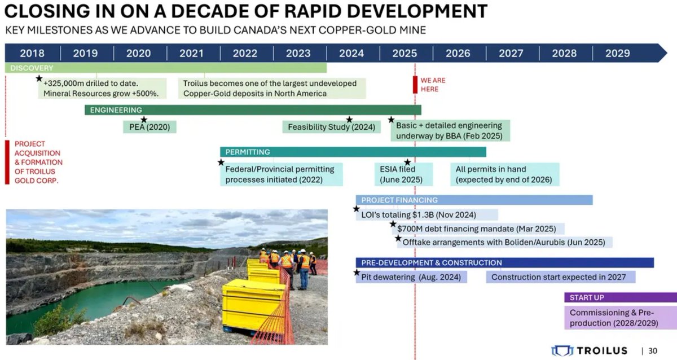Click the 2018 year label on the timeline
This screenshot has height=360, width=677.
pyautogui.click(x=32, y=53)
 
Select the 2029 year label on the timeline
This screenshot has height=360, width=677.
pyautogui.click(x=617, y=53)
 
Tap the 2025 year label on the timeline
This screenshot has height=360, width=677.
pyautogui.click(x=405, y=53)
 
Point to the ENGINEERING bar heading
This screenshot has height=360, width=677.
pyautogui.click(x=116, y=110)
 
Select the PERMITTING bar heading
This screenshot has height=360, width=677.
pyautogui.click(x=248, y=152)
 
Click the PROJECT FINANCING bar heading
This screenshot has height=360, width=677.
pyautogui.click(x=399, y=200)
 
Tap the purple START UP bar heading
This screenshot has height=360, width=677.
pyautogui.click(x=587, y=297)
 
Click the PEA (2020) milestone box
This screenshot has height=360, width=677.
pyautogui.click(x=150, y=128)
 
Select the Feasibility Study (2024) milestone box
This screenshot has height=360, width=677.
pyautogui.click(x=331, y=128)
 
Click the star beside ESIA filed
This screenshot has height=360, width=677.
pyautogui.click(x=407, y=162)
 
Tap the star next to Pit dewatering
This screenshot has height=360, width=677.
pyautogui.click(x=357, y=273)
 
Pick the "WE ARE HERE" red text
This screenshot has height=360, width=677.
pyautogui.click(x=433, y=85)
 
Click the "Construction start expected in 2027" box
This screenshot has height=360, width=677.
pyautogui.click(x=560, y=277)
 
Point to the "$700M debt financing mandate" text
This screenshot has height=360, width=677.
pyautogui.click(x=476, y=229)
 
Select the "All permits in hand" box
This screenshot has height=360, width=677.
pyautogui.click(x=507, y=174)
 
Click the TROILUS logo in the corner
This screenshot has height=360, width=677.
pyautogui.click(x=589, y=350)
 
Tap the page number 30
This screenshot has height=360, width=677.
pyautogui.click(x=652, y=350)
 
